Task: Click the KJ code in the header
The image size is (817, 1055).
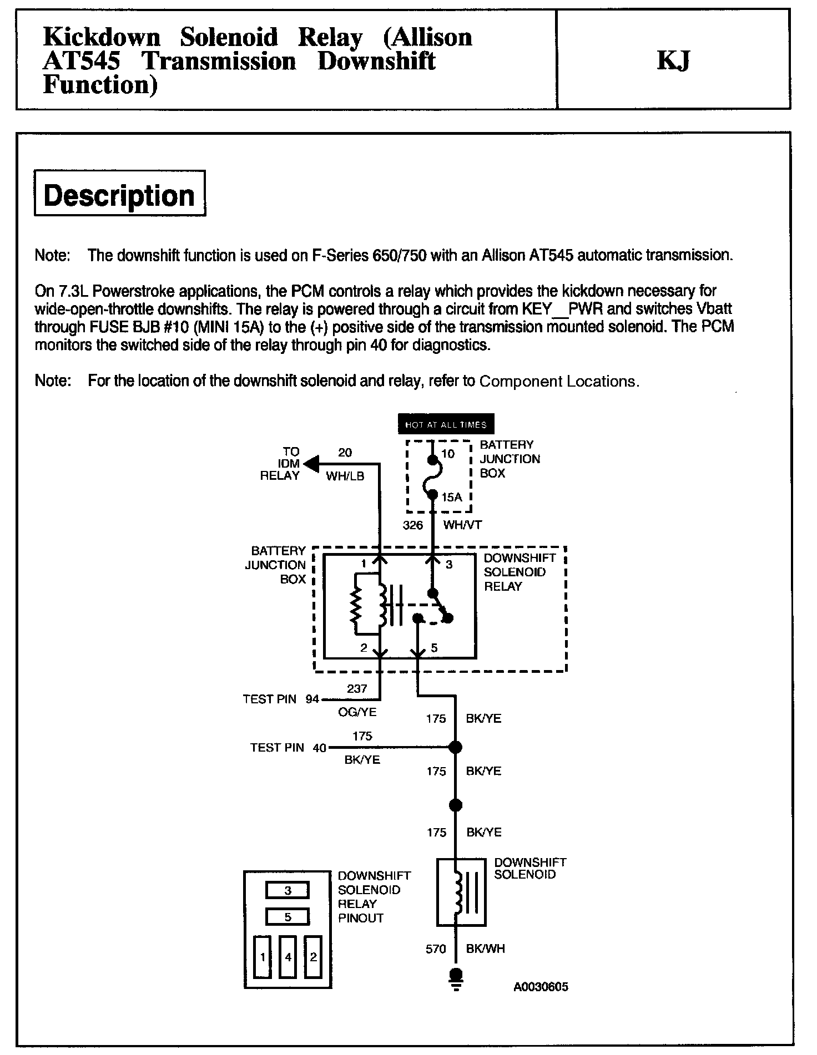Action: pos(673,60)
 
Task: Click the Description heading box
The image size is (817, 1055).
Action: pos(119,193)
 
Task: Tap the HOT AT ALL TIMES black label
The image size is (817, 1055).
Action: pos(446,424)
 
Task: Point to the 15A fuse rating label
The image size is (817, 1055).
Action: pos(452,498)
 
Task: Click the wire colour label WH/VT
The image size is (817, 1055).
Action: pos(462,525)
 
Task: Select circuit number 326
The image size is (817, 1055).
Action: pos(413,525)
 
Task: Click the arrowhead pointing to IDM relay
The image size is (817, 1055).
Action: pos(311,463)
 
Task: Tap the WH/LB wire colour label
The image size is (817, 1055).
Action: pos(345,476)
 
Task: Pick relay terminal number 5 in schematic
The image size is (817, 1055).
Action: pos(434,648)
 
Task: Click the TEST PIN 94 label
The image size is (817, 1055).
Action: pos(281,699)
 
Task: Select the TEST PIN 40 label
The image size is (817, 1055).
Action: pos(288,748)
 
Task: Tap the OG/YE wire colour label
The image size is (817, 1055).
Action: pos(357,712)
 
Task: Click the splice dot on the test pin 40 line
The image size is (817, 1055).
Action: pos(455,748)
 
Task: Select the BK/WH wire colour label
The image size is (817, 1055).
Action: pos(486,949)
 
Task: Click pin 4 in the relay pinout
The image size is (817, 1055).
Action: pos(288,957)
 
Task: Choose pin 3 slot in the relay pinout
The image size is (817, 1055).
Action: pos(288,890)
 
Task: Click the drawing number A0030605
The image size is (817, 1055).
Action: pos(541,987)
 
